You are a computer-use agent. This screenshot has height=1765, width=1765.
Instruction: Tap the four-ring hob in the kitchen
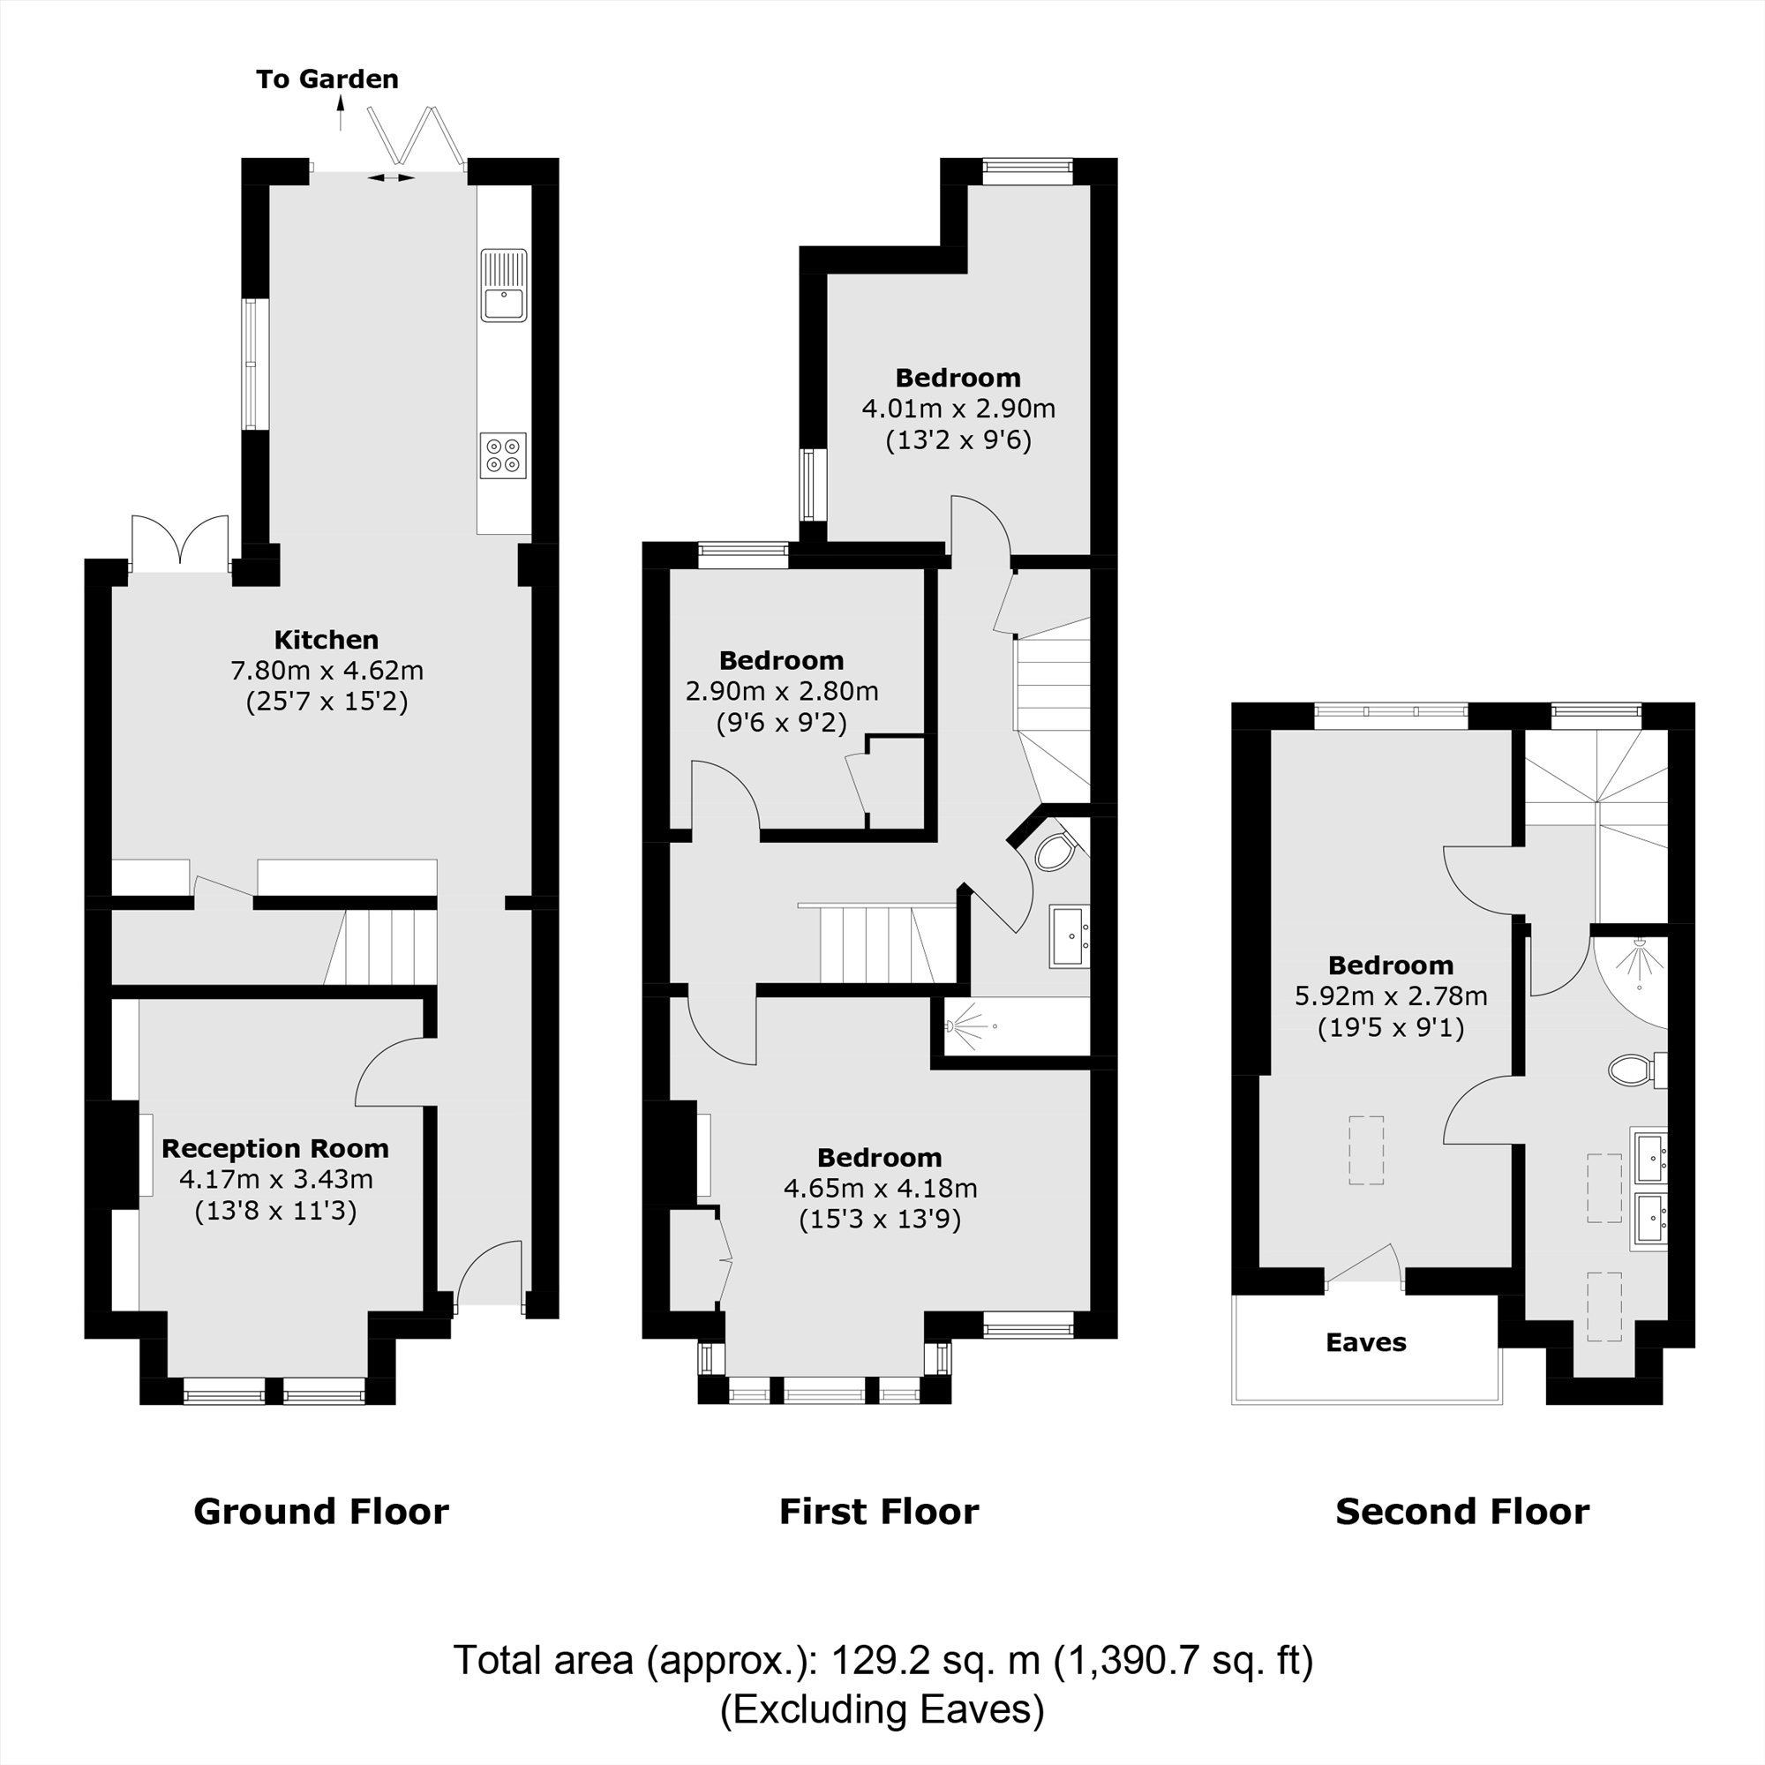[503, 455]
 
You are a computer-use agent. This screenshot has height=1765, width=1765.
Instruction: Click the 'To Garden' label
[327, 79]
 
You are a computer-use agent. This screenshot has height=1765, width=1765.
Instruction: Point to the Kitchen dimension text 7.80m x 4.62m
[327, 671]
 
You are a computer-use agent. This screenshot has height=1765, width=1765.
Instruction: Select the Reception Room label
[275, 1148]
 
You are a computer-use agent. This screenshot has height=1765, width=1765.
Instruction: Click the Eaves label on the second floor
[1366, 1342]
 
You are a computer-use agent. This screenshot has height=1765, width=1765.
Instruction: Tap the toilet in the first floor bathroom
[1055, 852]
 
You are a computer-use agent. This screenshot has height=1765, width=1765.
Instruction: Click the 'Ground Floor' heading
[320, 1511]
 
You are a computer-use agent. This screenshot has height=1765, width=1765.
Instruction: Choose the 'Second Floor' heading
[1461, 1511]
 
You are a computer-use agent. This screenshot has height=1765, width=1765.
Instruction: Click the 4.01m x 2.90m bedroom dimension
[958, 409]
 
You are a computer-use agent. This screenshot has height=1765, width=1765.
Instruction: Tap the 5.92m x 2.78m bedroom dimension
[1391, 995]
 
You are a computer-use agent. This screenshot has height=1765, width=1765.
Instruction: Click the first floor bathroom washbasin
[1068, 935]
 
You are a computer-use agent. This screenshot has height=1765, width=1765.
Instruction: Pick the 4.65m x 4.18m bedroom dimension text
[880, 1189]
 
